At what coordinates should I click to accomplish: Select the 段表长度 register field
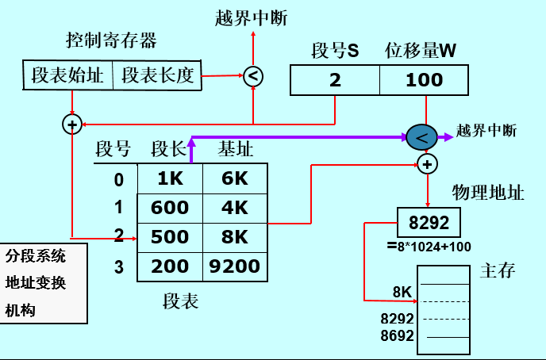click(157, 75)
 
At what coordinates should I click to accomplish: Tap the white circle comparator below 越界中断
click(252, 76)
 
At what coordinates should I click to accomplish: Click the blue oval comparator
click(421, 138)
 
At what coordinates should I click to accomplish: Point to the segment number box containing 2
click(334, 80)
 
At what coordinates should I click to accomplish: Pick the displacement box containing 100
click(425, 80)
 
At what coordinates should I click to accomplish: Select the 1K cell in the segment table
click(170, 178)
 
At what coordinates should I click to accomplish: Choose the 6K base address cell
click(235, 178)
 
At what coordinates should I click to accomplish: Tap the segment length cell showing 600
click(170, 208)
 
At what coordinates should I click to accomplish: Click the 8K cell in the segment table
click(235, 237)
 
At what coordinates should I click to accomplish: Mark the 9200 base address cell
click(235, 266)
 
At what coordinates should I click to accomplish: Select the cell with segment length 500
click(170, 237)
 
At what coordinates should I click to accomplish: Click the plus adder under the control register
click(72, 124)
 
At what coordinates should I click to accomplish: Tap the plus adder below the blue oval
click(427, 164)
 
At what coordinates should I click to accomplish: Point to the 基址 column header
click(236, 149)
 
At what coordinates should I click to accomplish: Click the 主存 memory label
click(498, 271)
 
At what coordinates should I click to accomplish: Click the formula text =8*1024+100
click(429, 247)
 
